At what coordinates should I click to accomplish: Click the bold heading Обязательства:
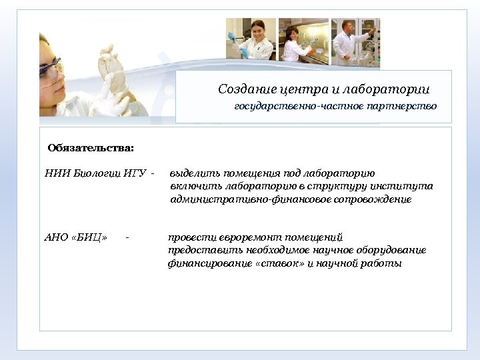(91, 147)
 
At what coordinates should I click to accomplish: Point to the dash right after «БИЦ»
(127, 237)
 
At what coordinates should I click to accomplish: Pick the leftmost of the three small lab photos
(251, 39)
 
